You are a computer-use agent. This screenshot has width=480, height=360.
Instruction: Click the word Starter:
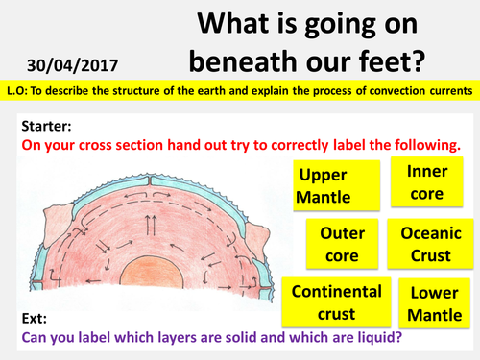pos(45,126)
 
